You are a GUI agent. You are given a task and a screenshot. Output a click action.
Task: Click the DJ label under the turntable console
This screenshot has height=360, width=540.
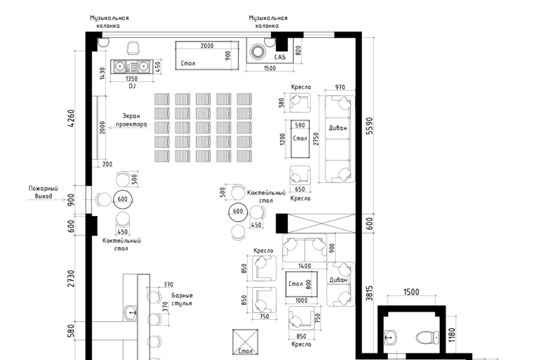(x=132, y=86)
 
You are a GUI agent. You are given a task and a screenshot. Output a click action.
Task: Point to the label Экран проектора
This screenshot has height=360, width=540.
(x=132, y=120)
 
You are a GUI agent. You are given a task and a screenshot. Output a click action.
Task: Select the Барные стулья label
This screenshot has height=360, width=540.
(x=182, y=300)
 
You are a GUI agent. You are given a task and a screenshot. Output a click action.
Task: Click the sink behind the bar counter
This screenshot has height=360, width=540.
(x=131, y=312)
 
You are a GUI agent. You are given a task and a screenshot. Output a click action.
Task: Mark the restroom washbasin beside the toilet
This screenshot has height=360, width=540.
(x=391, y=336)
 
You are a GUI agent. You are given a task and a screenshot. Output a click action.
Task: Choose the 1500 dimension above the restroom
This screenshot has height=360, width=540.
(x=411, y=292)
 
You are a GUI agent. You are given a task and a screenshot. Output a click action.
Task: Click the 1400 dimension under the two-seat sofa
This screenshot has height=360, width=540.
(x=304, y=266)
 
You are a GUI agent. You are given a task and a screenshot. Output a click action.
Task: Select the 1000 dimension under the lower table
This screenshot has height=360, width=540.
(x=301, y=301)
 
